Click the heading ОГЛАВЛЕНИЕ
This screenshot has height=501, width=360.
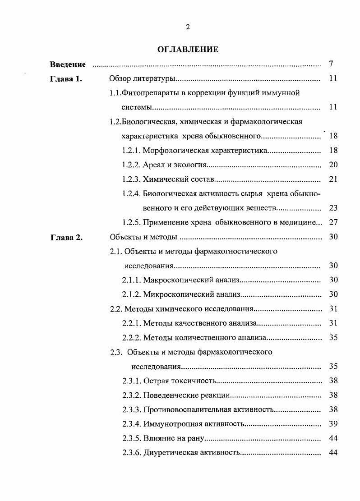(x=188, y=50)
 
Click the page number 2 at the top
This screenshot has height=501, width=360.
(x=188, y=27)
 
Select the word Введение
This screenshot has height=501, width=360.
(x=68, y=64)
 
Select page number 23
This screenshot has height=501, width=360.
(x=333, y=208)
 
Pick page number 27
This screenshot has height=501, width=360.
(x=333, y=222)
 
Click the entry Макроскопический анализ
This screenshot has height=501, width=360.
(x=191, y=280)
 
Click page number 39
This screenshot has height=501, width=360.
(x=333, y=423)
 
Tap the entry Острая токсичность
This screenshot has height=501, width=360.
(x=180, y=381)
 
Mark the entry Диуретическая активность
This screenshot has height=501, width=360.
(x=190, y=453)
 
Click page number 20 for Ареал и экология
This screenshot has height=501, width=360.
(x=333, y=165)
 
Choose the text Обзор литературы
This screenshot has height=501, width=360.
(x=142, y=79)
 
